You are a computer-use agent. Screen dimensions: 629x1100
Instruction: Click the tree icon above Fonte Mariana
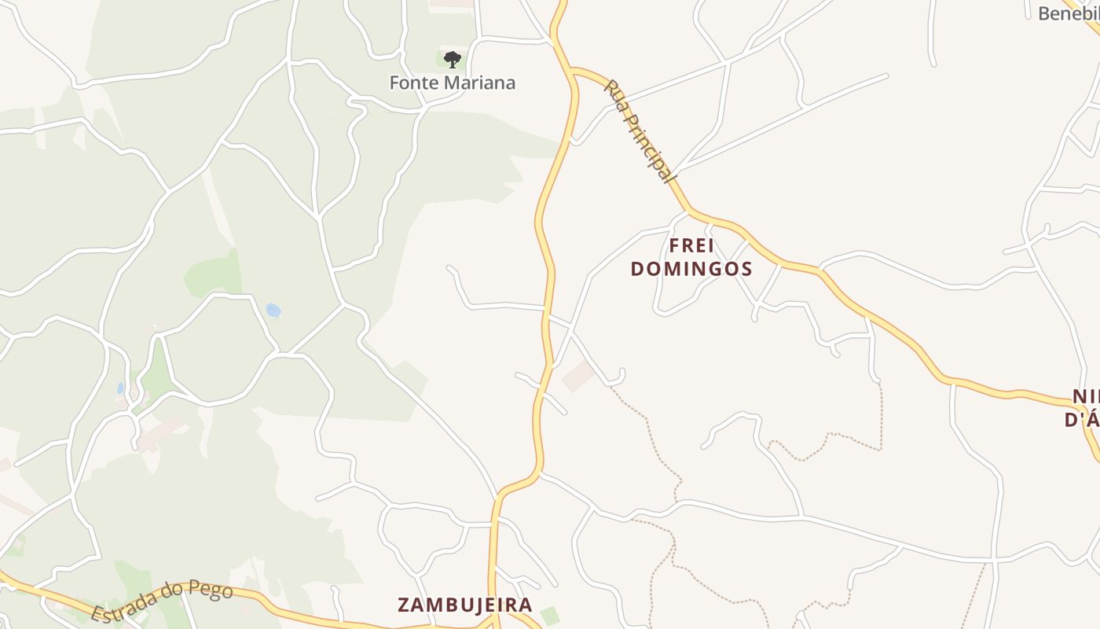tap(452, 59)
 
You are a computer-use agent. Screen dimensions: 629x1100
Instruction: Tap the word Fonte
tap(414, 83)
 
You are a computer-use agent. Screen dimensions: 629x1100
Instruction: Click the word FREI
tap(691, 245)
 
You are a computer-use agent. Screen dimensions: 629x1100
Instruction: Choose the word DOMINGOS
tap(691, 269)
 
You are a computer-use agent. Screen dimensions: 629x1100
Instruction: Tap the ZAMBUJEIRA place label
tap(465, 605)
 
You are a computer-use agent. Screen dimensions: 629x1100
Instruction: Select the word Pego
tap(212, 590)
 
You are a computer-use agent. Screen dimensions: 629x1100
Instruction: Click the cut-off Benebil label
tap(1068, 13)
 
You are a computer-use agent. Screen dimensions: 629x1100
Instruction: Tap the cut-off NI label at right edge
tap(1085, 396)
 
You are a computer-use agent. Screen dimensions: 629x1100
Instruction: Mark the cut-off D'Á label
tap(1081, 420)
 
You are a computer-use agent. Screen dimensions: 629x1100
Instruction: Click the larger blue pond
tap(273, 310)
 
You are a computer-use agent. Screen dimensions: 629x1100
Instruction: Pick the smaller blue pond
tap(120, 388)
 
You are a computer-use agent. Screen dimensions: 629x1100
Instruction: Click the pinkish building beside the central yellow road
tap(578, 376)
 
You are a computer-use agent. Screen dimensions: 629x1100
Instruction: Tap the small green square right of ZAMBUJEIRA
tap(550, 616)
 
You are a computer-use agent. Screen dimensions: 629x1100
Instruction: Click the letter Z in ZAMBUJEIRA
tap(404, 605)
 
